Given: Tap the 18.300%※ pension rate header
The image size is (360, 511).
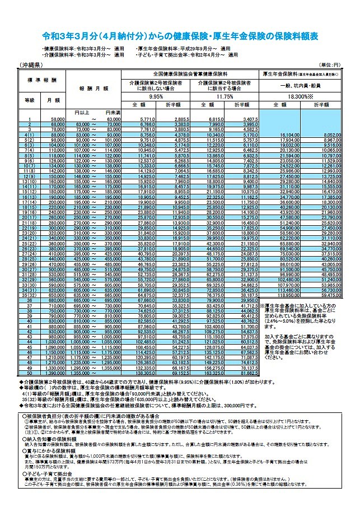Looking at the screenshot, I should [x=301, y=96].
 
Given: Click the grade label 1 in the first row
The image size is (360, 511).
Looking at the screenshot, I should [x=29, y=120].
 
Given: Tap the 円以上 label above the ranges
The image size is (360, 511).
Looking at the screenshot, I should [x=82, y=112].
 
